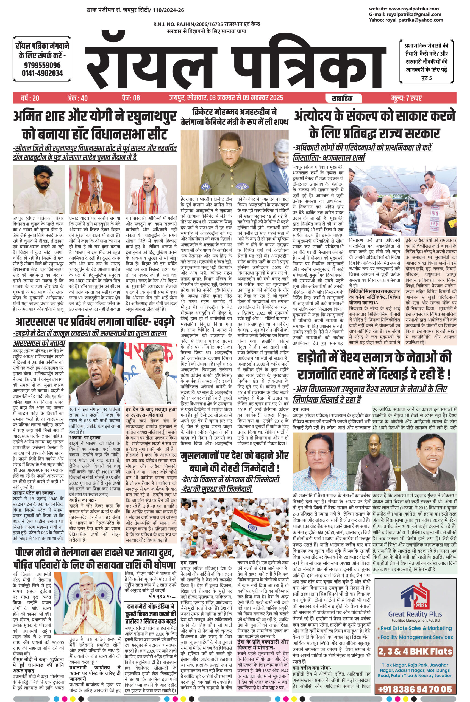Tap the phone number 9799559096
(42, 65)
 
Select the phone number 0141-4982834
(42, 73)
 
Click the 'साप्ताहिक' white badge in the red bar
(342, 98)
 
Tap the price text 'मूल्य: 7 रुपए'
(407, 98)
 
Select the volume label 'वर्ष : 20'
(30, 98)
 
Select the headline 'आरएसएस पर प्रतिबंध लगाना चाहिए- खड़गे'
(94, 322)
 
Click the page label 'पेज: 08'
(131, 98)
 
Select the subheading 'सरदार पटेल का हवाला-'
(34, 493)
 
